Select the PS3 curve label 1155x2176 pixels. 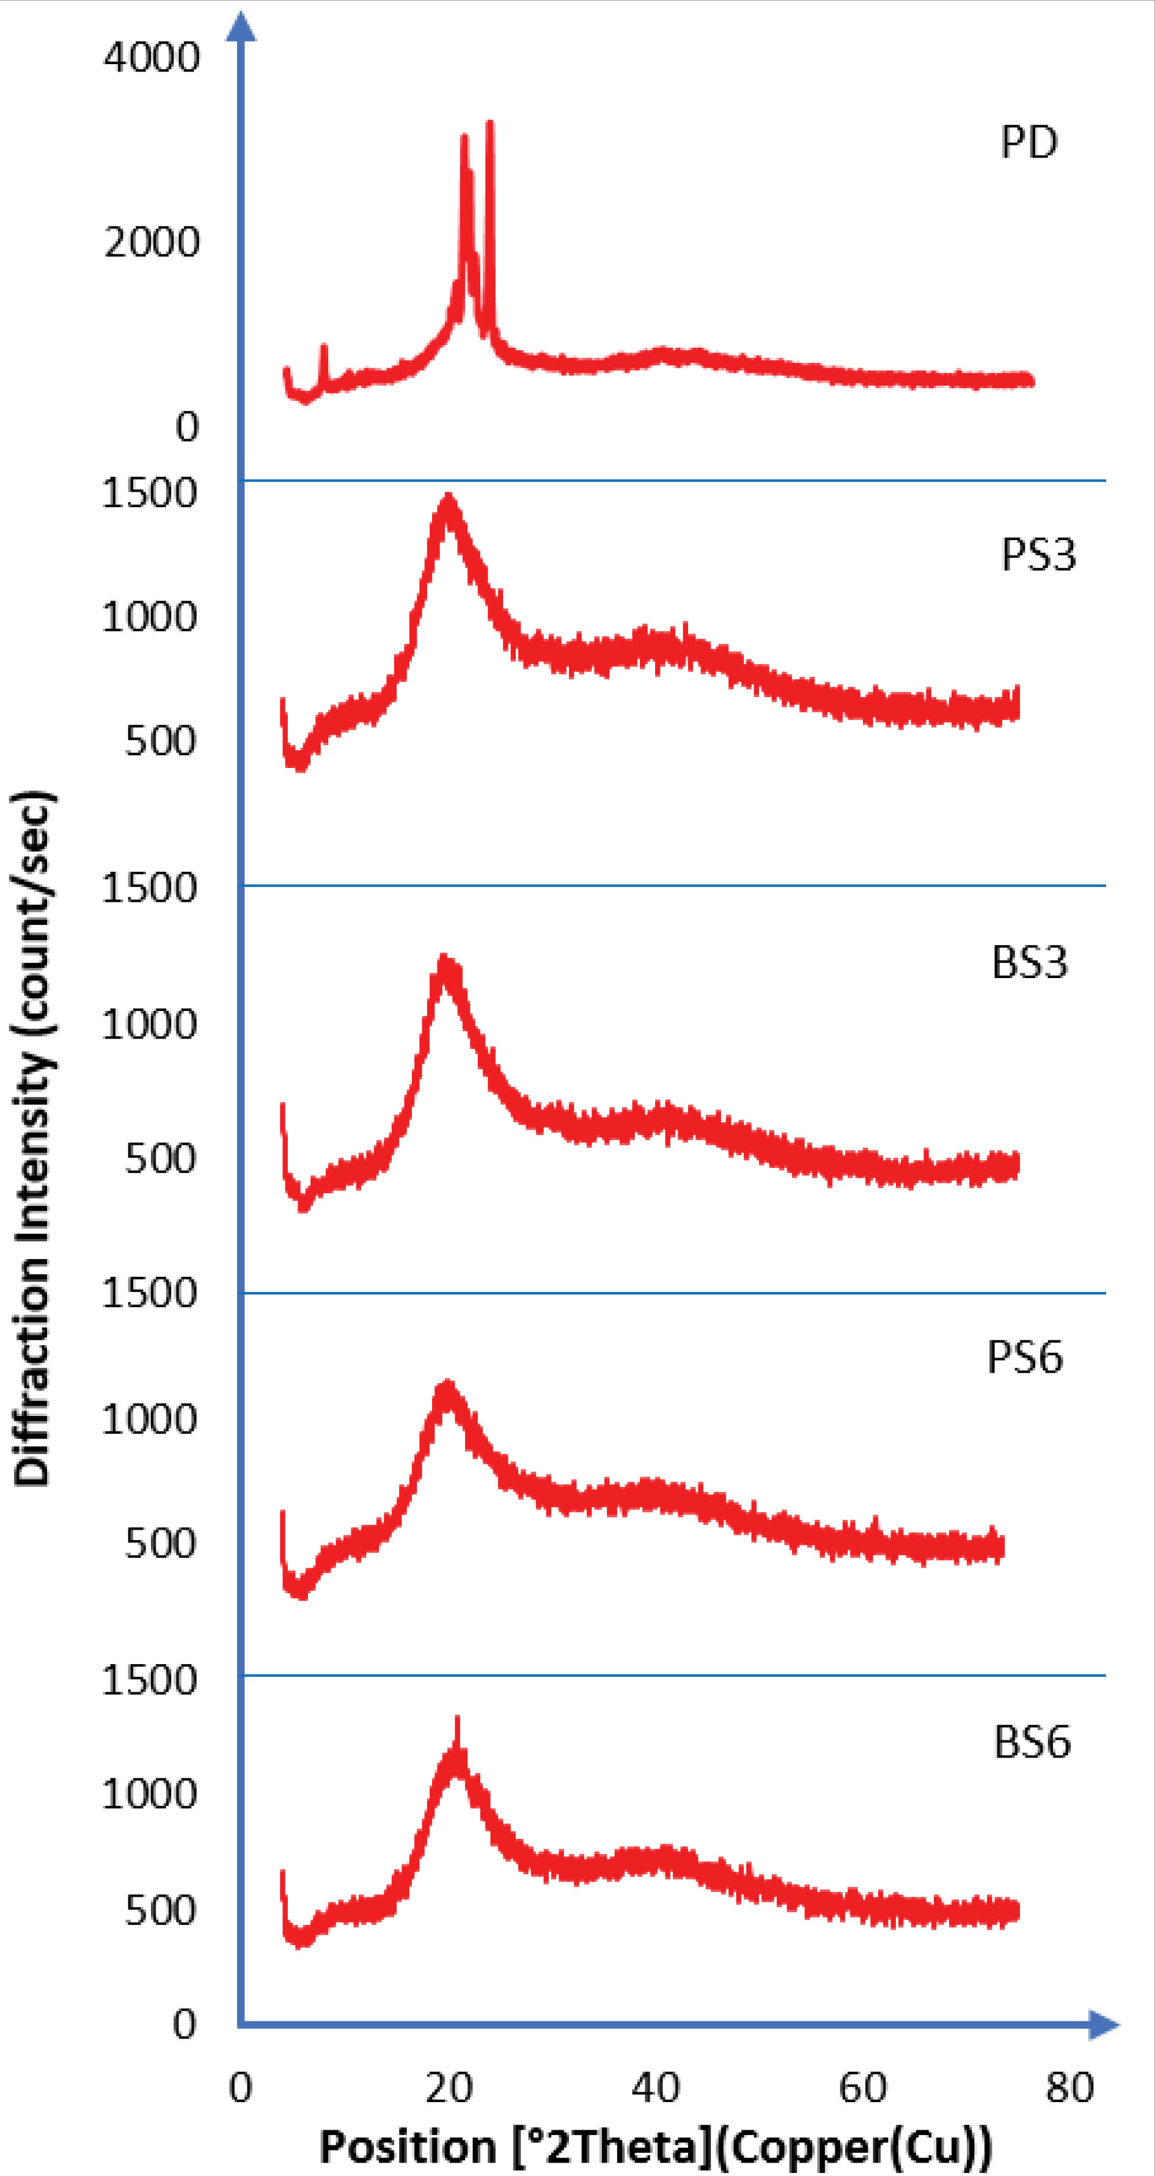[1038, 555]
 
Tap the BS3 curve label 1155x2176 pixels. [1029, 962]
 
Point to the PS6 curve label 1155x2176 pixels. [1024, 1357]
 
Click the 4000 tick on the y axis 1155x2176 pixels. [152, 57]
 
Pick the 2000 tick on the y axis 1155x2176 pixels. [152, 243]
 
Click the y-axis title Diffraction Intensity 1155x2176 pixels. [34, 1141]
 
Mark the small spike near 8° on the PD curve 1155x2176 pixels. [324, 348]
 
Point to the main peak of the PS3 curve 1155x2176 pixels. [448, 500]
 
